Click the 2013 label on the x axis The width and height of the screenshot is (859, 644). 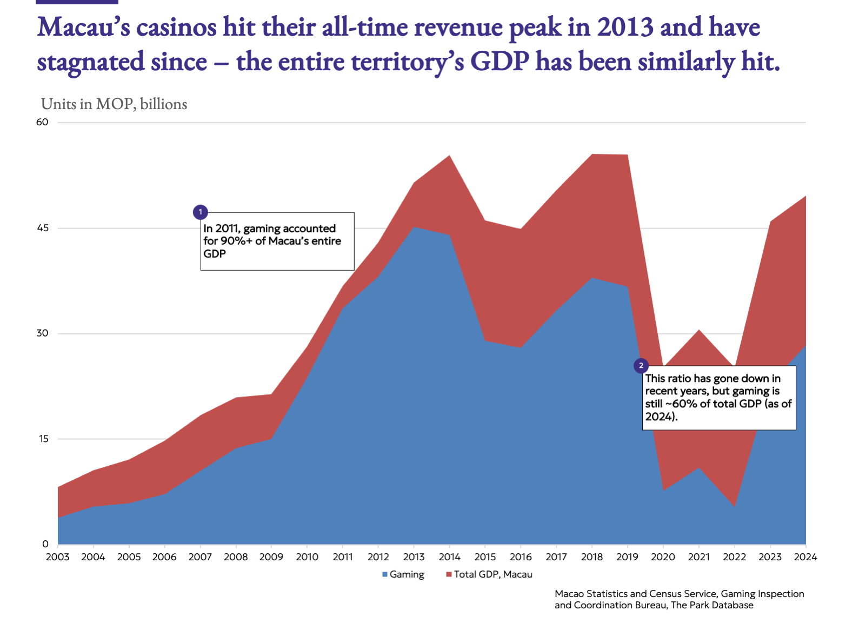coord(414,557)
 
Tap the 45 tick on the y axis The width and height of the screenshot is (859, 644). coord(42,228)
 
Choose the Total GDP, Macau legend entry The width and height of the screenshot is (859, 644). coord(489,574)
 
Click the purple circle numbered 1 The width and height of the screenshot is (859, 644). coord(200,212)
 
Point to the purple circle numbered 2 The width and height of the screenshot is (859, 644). coord(641,366)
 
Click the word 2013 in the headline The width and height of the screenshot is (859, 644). coord(625,27)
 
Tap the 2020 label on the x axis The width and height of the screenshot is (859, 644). coord(663,557)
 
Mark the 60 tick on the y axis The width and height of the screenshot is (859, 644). coord(42,122)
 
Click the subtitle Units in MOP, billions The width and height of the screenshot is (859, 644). coord(114,104)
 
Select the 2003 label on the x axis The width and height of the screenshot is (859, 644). coord(57,557)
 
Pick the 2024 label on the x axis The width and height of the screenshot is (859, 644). coord(805,557)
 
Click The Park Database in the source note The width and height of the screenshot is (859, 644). coord(712,605)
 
